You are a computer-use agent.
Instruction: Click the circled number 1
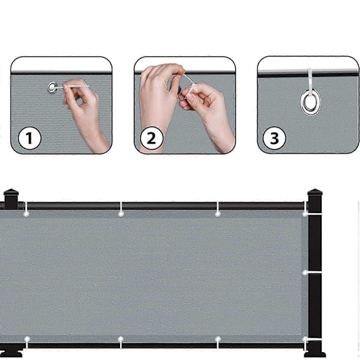click(29, 138)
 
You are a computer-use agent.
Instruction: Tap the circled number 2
click(152, 138)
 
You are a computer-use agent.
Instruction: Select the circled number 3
click(274, 138)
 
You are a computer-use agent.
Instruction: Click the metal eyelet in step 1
click(52, 87)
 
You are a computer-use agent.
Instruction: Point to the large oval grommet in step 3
click(311, 102)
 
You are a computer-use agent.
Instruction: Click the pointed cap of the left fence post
click(11, 191)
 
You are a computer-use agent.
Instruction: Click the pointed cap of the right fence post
click(315, 192)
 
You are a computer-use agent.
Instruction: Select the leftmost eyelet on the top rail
click(26, 214)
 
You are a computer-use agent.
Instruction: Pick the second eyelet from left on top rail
click(121, 214)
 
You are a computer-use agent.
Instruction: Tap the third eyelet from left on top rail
click(218, 214)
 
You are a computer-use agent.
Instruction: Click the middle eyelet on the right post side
click(305, 273)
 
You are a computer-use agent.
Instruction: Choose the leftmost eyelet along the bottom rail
click(27, 339)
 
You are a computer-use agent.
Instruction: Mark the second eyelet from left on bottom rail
click(121, 339)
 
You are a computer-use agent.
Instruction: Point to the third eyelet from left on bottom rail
click(218, 339)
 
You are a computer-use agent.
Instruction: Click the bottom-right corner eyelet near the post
click(305, 339)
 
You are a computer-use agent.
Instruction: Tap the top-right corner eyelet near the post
click(305, 214)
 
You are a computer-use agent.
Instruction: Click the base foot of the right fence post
click(315, 354)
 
